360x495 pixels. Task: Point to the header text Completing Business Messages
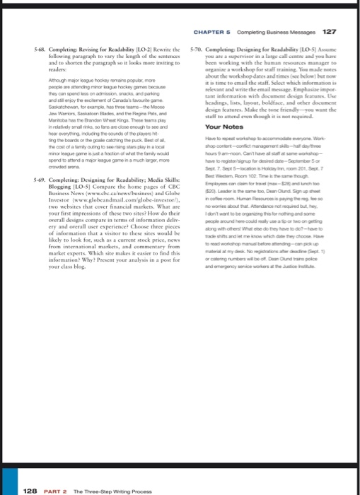(x=273, y=31)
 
